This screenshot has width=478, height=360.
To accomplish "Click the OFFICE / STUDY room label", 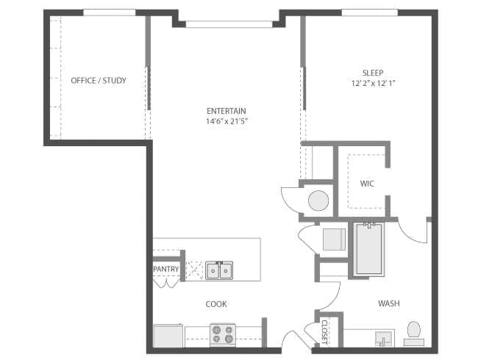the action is coord(99,80).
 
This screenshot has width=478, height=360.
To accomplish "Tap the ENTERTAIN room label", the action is coord(226,111).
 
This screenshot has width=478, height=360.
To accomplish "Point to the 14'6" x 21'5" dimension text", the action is coord(226,121).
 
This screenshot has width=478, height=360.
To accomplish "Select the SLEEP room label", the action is coord(373,73).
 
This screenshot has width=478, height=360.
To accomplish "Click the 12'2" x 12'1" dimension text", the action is coord(373,83).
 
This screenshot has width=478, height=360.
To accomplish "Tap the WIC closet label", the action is coord(367,184).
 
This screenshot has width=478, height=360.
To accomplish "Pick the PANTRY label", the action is coord(166,269).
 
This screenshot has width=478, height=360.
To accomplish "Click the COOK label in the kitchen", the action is coord(216,304).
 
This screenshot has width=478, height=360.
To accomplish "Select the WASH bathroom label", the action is coord(389,303).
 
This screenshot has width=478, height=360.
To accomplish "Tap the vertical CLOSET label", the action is coord(324,332).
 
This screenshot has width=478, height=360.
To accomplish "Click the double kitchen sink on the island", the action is coord(219,270).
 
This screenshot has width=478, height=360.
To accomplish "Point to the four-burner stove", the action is coord(223,335).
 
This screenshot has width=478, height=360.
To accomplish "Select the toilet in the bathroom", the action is coord(414,334).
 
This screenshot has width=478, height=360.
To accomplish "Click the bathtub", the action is coord(369,248).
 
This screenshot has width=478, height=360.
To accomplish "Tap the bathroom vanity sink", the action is coord(383,339).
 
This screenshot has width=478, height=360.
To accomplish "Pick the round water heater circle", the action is coord(318,201).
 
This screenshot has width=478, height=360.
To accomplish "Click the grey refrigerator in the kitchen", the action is coord(168,336).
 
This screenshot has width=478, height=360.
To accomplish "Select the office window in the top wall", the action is coord(110,12).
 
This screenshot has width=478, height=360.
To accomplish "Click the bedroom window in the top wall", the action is coord(370,12).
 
